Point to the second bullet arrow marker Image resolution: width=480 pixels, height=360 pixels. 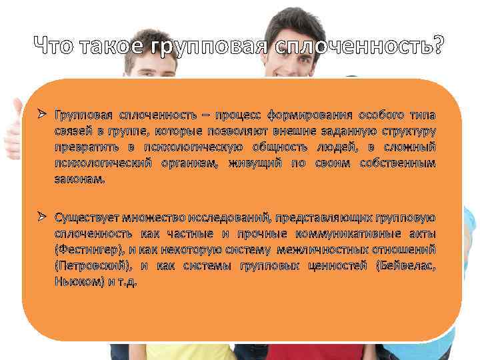[42, 217]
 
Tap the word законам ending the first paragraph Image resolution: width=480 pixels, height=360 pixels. [79, 179]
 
